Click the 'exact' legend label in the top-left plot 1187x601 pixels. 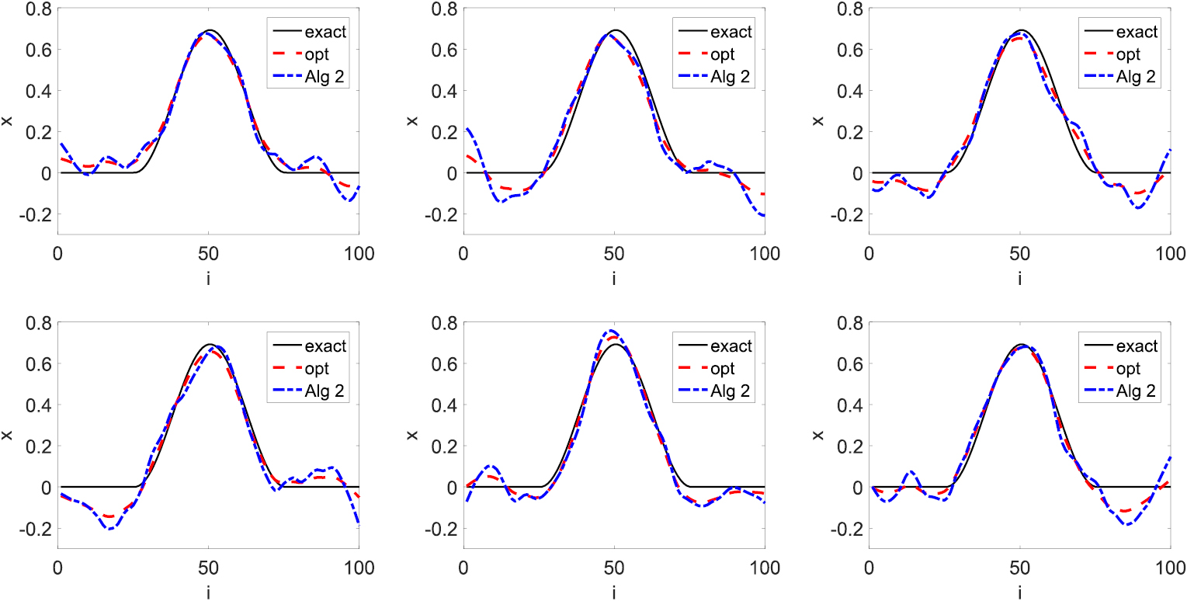click(328, 32)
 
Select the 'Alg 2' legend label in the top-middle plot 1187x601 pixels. click(734, 75)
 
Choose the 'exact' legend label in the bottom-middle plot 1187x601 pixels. click(734, 346)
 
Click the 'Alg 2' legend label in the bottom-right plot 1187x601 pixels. click(1140, 390)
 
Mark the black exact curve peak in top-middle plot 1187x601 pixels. click(615, 30)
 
